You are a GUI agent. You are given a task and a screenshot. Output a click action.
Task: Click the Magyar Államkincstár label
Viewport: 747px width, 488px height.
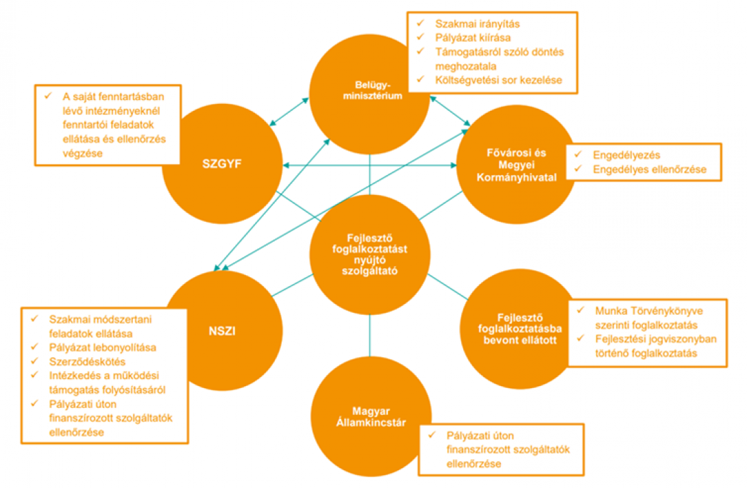[x=370, y=416]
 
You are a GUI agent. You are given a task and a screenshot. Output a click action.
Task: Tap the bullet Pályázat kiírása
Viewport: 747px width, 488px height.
[x=473, y=38]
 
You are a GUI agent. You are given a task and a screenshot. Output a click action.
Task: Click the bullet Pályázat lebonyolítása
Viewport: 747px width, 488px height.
[x=103, y=347]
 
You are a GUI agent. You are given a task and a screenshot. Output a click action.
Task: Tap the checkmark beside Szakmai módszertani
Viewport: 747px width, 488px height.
[x=34, y=319]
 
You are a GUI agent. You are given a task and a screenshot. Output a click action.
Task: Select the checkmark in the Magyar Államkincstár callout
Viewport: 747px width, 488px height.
[x=431, y=435]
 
